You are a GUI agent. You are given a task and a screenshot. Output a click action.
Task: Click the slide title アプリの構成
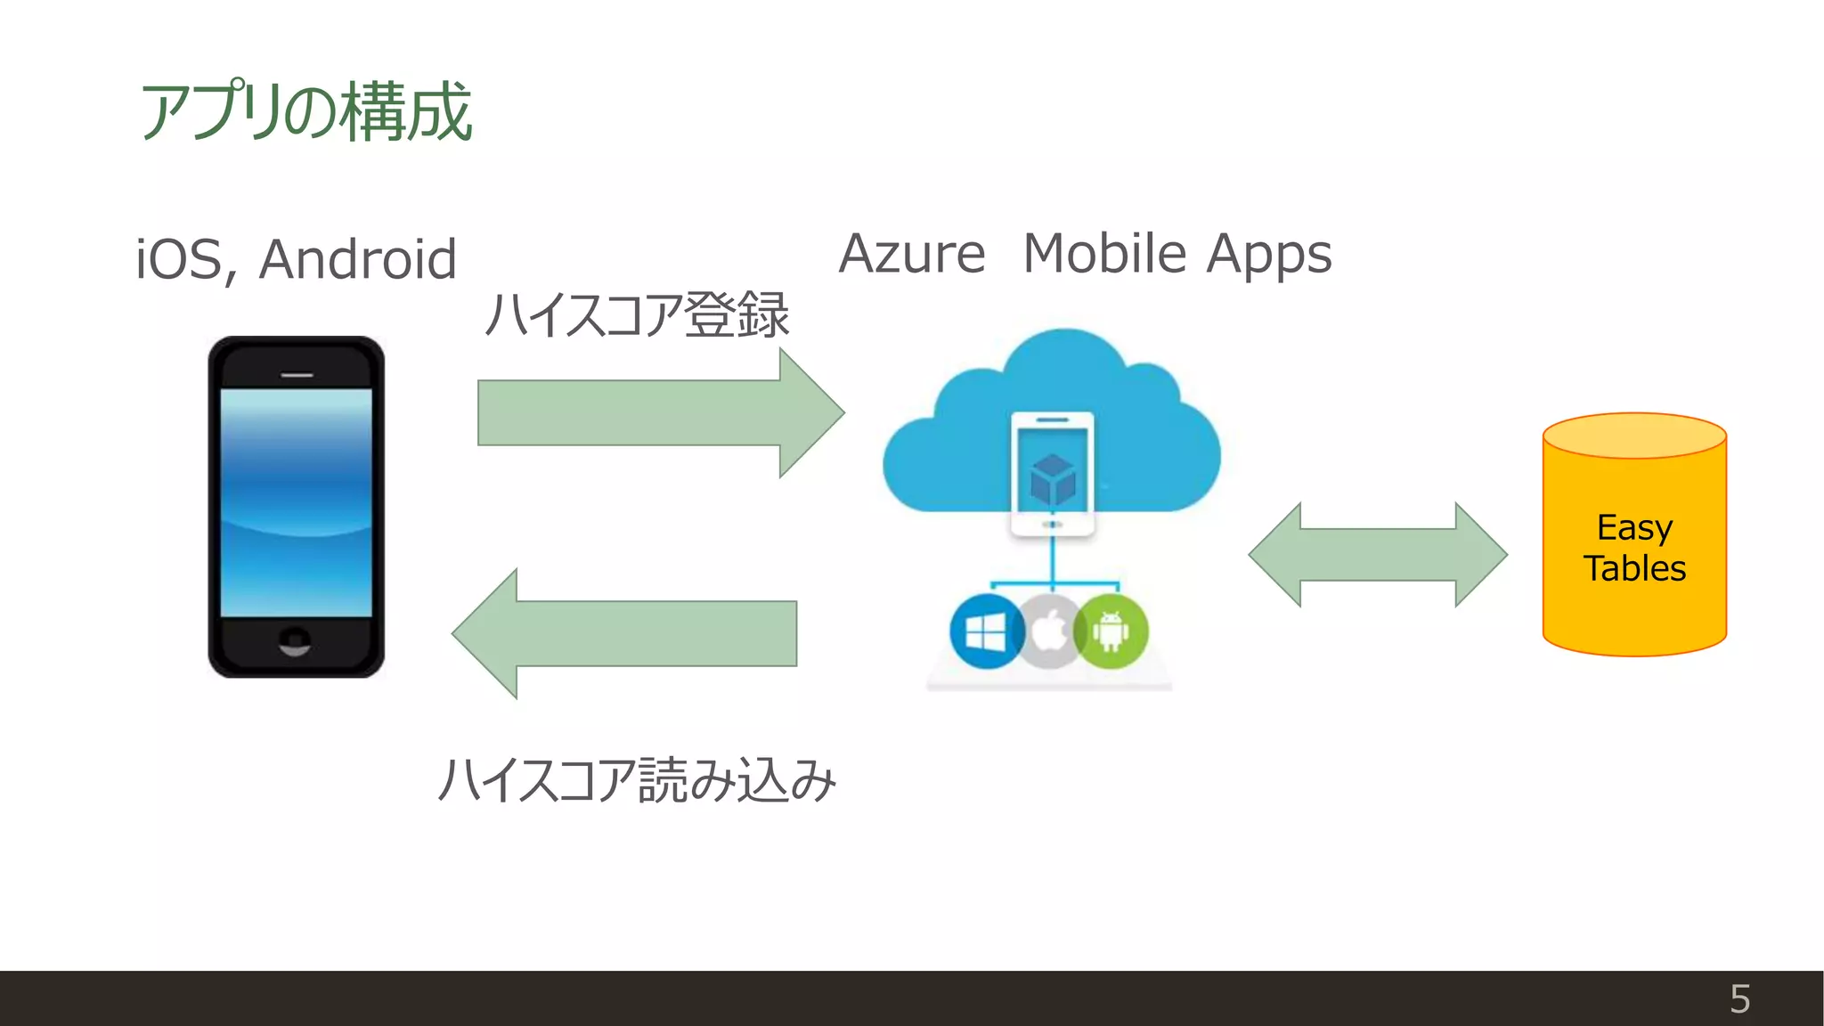(305, 111)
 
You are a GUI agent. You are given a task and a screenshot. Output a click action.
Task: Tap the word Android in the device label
(358, 259)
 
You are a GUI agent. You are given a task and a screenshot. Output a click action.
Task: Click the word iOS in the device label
(184, 259)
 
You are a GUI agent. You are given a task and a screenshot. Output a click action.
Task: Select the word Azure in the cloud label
(912, 254)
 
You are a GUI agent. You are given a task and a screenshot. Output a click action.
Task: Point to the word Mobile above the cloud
(1104, 254)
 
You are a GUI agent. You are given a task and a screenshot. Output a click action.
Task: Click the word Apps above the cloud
(1269, 256)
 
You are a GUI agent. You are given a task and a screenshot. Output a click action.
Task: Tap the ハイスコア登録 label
(637, 315)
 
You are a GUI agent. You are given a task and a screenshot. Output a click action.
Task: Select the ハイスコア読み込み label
(637, 780)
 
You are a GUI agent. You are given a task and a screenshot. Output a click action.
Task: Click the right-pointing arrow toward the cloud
(659, 412)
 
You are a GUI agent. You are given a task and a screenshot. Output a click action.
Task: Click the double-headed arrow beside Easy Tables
(1378, 554)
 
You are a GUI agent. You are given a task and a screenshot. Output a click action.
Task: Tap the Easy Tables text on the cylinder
(1634, 548)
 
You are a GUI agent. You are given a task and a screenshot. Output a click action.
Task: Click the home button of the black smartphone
(295, 640)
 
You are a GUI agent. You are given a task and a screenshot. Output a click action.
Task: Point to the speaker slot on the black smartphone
(297, 375)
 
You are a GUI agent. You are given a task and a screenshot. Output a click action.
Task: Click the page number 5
(1739, 999)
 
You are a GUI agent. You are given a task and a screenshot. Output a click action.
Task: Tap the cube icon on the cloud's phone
(1052, 479)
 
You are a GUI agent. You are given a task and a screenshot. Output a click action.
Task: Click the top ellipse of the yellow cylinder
(1634, 436)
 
